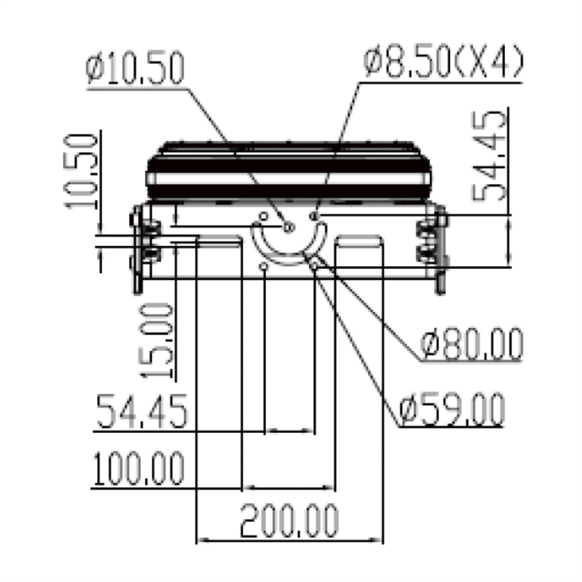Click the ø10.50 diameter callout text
click(135, 68)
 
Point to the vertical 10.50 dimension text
click(81, 171)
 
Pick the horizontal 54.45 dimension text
click(141, 411)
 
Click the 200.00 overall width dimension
click(289, 521)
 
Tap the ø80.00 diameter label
click(471, 345)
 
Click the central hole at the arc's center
click(288, 228)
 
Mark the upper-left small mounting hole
click(262, 217)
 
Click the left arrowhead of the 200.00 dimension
click(201, 541)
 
